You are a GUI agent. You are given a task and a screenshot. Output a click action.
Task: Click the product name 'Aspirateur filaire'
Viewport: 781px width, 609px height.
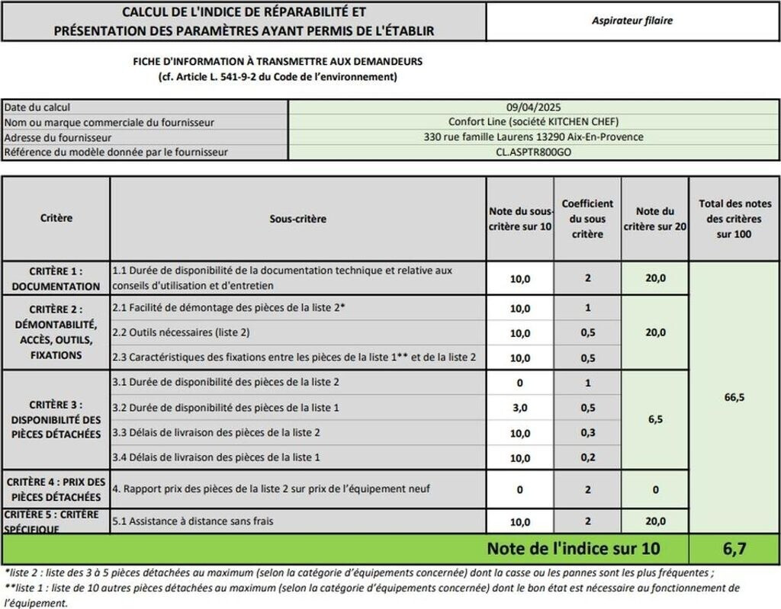click(632, 21)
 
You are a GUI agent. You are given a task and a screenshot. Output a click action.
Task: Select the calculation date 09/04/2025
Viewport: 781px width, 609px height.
click(533, 107)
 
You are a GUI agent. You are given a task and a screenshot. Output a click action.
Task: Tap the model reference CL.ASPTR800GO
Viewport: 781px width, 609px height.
click(533, 152)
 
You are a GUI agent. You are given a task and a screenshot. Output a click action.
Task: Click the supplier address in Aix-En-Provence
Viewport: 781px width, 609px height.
click(533, 137)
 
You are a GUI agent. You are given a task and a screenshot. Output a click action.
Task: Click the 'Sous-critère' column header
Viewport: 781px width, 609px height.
click(297, 219)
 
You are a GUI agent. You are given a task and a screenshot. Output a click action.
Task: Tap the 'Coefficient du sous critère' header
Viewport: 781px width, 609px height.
click(587, 219)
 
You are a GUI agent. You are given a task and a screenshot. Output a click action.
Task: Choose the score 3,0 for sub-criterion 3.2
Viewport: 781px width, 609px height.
click(520, 409)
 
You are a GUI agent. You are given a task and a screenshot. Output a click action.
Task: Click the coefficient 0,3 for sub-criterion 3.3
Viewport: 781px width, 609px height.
click(587, 433)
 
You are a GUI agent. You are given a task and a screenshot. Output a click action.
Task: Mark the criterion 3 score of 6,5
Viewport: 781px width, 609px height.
click(654, 419)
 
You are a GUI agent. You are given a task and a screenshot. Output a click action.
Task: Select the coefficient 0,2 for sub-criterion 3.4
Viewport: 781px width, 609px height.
click(587, 457)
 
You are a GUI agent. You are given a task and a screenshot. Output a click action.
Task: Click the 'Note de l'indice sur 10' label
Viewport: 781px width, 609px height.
click(574, 549)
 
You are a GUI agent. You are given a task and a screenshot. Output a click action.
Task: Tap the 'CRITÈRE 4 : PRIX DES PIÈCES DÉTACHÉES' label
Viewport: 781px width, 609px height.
click(56, 489)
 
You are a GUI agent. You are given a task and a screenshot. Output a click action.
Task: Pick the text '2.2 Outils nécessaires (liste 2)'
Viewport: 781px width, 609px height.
click(181, 332)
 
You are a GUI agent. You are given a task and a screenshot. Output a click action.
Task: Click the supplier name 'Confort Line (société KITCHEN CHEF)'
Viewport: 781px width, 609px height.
click(533, 122)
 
